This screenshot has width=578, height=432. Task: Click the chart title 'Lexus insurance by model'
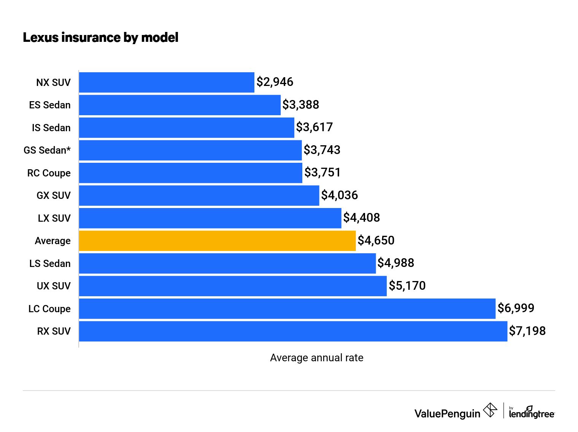[x=100, y=38]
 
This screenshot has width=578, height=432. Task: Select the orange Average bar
[x=217, y=241]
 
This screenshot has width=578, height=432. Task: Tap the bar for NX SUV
[x=167, y=83]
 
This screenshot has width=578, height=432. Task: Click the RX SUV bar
[x=293, y=331]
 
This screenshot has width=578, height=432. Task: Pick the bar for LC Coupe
[x=287, y=309]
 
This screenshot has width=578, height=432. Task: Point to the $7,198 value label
[x=527, y=331]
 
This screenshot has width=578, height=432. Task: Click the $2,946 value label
[x=275, y=82]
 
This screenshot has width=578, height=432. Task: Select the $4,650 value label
[x=376, y=240]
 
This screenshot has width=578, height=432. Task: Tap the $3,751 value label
[x=322, y=173]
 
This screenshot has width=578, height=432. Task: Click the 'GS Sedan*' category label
[x=47, y=150]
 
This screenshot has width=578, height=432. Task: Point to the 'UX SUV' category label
[x=54, y=286]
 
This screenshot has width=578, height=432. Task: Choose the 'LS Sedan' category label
[x=50, y=264]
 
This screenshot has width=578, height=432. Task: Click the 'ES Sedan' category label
[x=50, y=105]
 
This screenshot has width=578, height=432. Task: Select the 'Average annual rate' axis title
[x=316, y=358]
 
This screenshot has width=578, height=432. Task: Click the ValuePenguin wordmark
[x=447, y=414]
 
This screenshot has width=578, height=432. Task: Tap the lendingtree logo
[x=532, y=413]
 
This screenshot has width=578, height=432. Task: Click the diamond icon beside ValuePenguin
[x=490, y=410]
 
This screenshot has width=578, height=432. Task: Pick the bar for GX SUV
[x=199, y=195]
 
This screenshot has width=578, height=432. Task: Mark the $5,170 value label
[x=407, y=286]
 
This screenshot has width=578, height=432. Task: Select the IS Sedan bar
[x=186, y=128]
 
